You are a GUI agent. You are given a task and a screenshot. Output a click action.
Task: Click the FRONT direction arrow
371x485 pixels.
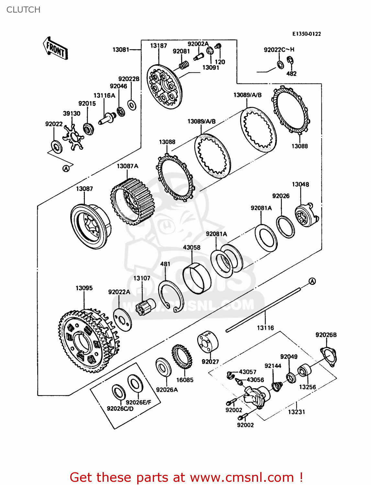coord(55,48)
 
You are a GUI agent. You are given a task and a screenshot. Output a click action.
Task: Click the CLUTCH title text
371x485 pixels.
coord(23,10)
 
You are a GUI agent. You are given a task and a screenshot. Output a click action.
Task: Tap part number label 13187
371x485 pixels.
coord(159,46)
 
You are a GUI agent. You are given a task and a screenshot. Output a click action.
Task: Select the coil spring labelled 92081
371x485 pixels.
coord(184,65)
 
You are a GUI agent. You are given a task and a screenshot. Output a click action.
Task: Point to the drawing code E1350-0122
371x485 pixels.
coord(306,34)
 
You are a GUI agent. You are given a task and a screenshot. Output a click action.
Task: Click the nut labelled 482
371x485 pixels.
coord(290,60)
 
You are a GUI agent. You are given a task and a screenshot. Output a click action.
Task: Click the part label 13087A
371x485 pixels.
coord(128,166)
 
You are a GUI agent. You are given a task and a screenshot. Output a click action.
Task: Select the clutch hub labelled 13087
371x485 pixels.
coord(90,226)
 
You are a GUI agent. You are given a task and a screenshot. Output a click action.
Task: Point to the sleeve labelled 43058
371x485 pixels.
coord(197,278)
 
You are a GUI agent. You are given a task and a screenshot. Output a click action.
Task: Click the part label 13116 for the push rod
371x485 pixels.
coord(265,328)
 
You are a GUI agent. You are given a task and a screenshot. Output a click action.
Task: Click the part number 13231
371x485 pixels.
coord(297,412)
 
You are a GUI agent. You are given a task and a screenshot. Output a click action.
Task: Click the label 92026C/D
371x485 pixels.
coord(120,409)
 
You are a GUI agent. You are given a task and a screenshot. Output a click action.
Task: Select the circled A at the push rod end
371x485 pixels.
coord(312,281)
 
